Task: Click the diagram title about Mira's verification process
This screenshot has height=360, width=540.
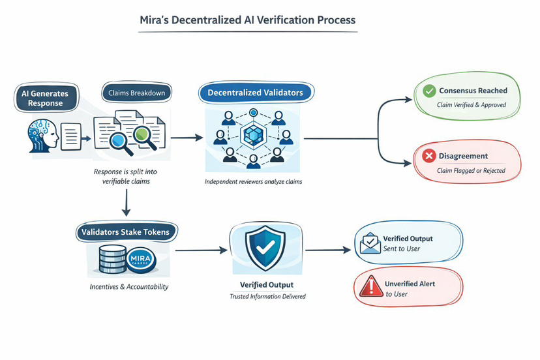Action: tap(248, 20)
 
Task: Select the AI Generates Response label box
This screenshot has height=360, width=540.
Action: tap(45, 98)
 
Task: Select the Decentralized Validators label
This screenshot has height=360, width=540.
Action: tap(255, 93)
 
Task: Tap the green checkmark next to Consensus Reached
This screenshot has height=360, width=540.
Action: tap(428, 91)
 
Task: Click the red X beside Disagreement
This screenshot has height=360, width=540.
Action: tap(428, 157)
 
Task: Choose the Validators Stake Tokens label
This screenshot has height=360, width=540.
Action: tap(127, 231)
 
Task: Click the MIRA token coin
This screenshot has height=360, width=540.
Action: tap(140, 259)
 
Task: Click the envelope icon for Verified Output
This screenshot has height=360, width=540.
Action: tap(370, 243)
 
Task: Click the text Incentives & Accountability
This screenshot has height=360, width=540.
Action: tap(128, 286)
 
